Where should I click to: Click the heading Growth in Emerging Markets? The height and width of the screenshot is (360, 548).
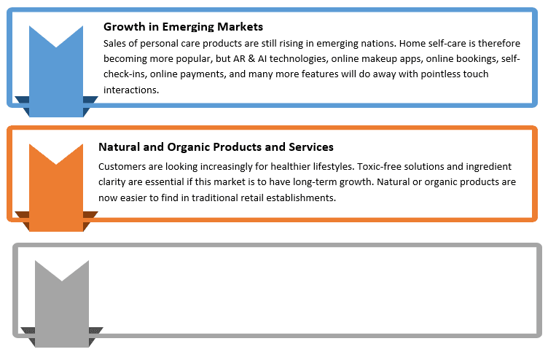(183, 27)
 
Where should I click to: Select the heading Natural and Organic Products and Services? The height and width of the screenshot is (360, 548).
(216, 147)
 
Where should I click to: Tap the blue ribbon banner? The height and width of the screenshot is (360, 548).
(56, 71)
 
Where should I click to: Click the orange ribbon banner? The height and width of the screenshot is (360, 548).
(56, 188)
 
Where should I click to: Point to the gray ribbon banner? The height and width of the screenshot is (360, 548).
(62, 304)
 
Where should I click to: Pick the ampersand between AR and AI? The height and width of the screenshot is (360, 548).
(251, 59)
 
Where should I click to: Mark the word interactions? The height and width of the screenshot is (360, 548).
(131, 90)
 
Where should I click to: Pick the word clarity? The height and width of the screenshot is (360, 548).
(111, 182)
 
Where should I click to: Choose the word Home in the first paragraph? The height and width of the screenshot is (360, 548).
(411, 44)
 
